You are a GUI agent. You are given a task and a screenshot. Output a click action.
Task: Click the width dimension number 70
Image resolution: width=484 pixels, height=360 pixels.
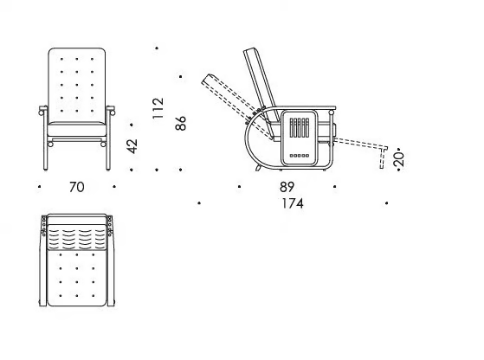tap(76, 187)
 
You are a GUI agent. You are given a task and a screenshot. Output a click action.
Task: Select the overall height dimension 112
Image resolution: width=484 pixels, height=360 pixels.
tap(158, 108)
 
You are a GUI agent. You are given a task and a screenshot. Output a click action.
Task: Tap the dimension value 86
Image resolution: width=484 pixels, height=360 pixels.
tap(181, 123)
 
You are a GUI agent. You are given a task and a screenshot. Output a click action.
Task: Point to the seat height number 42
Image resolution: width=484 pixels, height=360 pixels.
tap(132, 146)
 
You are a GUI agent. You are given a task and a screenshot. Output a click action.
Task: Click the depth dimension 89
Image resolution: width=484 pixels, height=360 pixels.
tap(287, 187)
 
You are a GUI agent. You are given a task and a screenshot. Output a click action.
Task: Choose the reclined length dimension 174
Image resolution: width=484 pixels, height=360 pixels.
tap(293, 203)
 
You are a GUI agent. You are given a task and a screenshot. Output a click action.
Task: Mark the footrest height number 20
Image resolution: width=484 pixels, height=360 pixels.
tap(399, 159)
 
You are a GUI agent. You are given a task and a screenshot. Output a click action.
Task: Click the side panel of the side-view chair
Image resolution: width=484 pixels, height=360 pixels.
tap(299, 138)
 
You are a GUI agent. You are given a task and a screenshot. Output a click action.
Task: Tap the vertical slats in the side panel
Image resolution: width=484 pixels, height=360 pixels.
tap(299, 128)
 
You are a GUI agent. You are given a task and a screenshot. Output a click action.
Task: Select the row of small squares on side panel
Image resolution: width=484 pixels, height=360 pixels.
tap(299, 156)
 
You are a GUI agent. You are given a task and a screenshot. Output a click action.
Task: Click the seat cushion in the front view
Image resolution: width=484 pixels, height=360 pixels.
tap(77, 129)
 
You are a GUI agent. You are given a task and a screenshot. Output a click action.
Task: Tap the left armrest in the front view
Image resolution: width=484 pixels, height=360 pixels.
tap(43, 111)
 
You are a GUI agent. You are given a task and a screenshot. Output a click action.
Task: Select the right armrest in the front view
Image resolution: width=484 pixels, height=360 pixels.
tap(111, 111)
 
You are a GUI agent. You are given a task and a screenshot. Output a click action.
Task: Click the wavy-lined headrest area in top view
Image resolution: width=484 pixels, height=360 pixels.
tap(77, 237)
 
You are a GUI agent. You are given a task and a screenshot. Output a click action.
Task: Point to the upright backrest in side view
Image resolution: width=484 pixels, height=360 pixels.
tap(261, 84)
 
